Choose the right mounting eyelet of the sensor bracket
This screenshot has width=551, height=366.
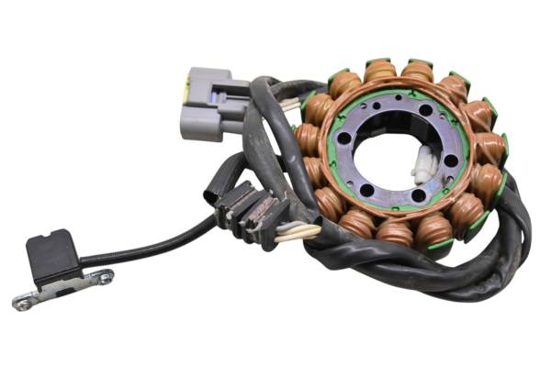[106, 276]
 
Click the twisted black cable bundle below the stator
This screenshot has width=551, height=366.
[432, 271]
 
